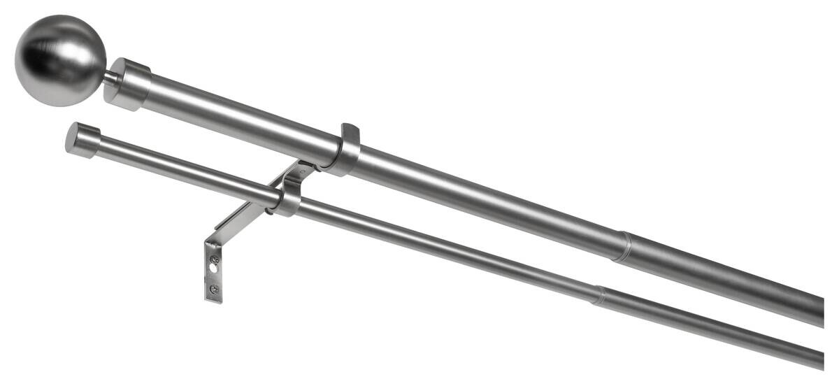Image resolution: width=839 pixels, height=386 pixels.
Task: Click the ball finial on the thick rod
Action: (x=60, y=60)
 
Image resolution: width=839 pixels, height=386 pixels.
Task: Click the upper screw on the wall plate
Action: (x=215, y=259)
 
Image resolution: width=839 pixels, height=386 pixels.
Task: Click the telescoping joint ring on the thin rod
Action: (x=598, y=295)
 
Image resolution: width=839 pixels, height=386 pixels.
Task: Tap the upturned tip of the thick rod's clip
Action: (x=350, y=131)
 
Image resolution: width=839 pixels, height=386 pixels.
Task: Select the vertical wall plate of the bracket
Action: (x=215, y=273)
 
